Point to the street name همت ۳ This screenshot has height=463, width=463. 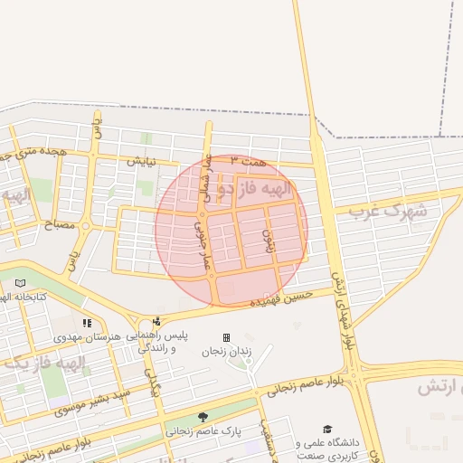pos(249,160)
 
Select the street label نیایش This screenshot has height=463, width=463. pos(141,161)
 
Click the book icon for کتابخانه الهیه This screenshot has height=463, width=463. pos(20,283)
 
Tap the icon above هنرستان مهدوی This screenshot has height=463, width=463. pos(87,323)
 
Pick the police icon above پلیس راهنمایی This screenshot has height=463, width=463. pos(156,321)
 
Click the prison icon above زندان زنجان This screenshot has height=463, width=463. pos(226,337)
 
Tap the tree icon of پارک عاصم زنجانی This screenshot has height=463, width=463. pos(203,417)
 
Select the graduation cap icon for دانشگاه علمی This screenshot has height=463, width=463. pos(327,430)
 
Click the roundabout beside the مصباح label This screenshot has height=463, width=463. pos(86,225)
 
